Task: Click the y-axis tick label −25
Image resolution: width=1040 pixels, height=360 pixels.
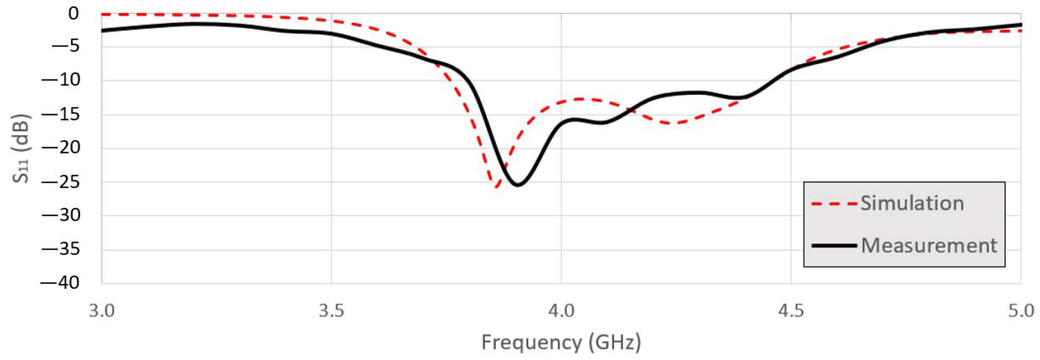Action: [x=60, y=182]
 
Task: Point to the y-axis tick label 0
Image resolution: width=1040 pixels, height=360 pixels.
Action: [x=74, y=14]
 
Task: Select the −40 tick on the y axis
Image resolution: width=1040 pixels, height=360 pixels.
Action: [x=60, y=283]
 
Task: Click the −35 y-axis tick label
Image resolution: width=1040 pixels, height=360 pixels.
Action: [x=60, y=250]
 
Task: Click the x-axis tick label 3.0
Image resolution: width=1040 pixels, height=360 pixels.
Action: [x=102, y=311]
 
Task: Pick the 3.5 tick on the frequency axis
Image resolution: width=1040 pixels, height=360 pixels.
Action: [x=332, y=311]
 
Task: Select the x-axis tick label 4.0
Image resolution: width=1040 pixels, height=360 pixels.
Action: [x=561, y=311]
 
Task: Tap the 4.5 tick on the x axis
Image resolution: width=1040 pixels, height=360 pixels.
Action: [x=791, y=311]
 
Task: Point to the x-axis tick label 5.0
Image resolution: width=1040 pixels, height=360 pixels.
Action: [x=1020, y=311]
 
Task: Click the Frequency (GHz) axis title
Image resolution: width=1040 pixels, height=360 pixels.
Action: [x=561, y=343]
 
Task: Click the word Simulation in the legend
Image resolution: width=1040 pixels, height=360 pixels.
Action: [x=912, y=203]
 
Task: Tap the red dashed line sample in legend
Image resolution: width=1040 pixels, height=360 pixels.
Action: [x=834, y=204]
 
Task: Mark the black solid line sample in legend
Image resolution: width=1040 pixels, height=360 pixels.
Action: [x=834, y=245]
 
